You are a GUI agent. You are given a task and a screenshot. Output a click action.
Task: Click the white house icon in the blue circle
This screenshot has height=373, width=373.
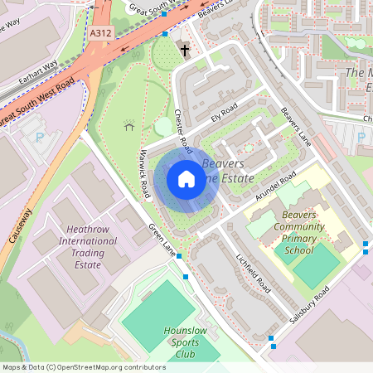tap(186, 179)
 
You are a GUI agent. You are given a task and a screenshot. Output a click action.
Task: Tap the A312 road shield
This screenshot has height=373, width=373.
tap(100, 34)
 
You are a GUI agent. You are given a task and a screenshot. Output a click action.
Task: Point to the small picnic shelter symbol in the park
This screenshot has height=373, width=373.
tap(128, 125)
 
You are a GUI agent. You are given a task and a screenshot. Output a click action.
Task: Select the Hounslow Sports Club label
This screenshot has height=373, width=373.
tap(185, 342)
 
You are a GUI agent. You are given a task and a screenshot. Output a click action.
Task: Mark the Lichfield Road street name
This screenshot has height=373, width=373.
tap(253, 273)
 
